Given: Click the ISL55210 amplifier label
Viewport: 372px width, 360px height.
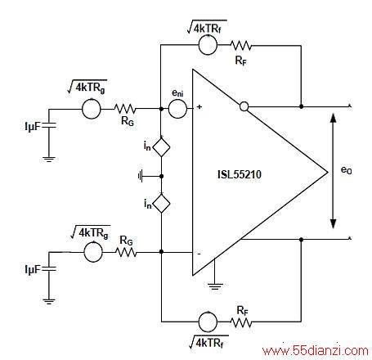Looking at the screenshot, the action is tap(240, 174).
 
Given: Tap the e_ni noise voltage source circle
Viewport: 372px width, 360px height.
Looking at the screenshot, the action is tap(177, 109).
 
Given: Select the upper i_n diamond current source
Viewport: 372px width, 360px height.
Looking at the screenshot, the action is tap(161, 147).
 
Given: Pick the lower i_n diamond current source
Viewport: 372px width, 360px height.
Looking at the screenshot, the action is tap(161, 204).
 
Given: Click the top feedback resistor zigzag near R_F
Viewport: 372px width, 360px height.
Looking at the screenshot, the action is tap(241, 45).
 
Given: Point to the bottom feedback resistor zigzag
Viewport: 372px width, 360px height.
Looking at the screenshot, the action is tap(241, 322).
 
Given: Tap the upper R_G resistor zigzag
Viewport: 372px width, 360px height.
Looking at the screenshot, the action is tap(125, 109).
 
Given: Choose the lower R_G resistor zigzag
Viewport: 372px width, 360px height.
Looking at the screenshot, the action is tap(126, 252).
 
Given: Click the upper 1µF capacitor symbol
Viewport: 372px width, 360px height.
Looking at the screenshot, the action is tap(49, 125).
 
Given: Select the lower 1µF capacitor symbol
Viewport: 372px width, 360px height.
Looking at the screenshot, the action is tap(49, 269).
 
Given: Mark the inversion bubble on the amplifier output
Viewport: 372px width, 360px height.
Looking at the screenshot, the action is tap(244, 106).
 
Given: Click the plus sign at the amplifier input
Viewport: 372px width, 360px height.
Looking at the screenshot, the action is tap(199, 106).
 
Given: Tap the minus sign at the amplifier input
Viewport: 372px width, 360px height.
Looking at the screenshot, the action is tap(199, 254).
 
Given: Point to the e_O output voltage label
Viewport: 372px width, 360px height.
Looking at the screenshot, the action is tap(347, 170).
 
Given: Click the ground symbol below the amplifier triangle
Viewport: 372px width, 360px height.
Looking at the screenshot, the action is tap(215, 286).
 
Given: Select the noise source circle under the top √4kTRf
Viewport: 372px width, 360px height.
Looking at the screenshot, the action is tap(208, 45).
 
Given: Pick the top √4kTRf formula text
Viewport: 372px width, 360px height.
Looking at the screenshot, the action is tap(207, 27).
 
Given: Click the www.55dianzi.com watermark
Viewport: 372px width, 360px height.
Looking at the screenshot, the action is tap(316, 350).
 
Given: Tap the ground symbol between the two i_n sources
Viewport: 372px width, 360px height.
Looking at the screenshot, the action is tap(141, 176).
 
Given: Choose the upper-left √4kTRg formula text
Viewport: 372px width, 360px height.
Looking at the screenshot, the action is tap(87, 88).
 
